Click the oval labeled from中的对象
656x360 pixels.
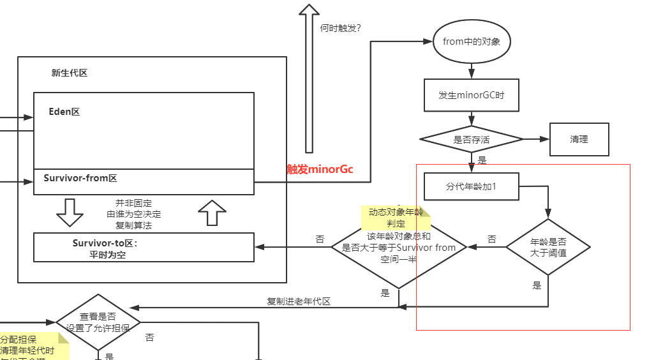[x=472, y=41]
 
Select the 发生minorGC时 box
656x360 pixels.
[x=472, y=95]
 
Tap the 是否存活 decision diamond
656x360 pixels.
[x=472, y=139]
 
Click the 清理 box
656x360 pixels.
[x=579, y=139]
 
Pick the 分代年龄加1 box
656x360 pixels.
[x=472, y=187]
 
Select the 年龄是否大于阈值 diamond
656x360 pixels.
[x=548, y=247]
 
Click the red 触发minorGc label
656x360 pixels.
[x=320, y=169]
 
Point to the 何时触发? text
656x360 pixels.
[x=345, y=28]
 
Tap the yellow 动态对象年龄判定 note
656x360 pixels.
[x=396, y=218]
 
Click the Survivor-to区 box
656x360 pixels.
[x=144, y=248]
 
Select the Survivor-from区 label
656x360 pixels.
[x=80, y=178]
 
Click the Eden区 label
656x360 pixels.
[x=64, y=112]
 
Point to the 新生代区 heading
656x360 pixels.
[x=70, y=73]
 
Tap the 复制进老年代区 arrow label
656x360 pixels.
[x=299, y=301]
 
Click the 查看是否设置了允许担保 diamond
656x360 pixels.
[x=98, y=322]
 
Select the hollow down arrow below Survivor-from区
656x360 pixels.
[x=70, y=213]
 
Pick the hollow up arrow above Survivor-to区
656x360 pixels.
[x=212, y=213]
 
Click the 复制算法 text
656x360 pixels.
[x=133, y=225]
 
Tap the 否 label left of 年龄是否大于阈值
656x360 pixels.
[x=491, y=239]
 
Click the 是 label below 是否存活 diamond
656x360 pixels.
[x=482, y=161]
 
